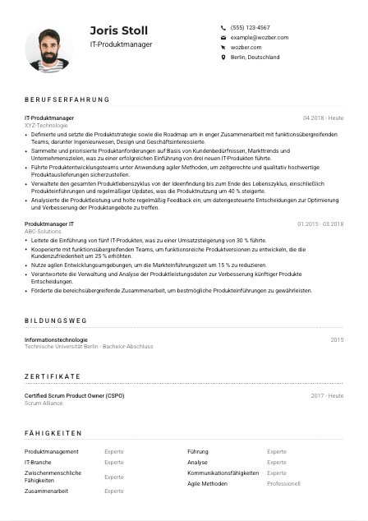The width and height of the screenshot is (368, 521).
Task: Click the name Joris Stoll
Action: pyautogui.click(x=119, y=30)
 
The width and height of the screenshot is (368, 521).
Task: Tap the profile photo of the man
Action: pyautogui.click(x=48, y=49)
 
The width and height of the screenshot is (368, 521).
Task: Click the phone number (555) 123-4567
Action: pyautogui.click(x=250, y=27)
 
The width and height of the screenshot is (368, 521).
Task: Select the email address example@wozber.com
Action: pyautogui.click(x=260, y=37)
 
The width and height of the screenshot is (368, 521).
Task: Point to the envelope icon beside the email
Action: pyautogui.click(x=223, y=38)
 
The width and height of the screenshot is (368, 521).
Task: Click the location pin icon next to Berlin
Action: pyautogui.click(x=223, y=58)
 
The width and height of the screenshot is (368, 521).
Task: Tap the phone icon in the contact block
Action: pyautogui.click(x=223, y=27)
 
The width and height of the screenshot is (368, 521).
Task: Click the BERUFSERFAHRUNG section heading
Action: pyautogui.click(x=67, y=100)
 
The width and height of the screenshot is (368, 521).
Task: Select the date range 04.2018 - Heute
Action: pyautogui.click(x=323, y=118)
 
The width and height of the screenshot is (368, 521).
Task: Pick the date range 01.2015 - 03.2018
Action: pyautogui.click(x=320, y=224)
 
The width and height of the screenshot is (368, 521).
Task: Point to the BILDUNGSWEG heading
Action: pyautogui.click(x=56, y=321)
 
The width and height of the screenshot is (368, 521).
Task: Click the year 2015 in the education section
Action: pyautogui.click(x=337, y=339)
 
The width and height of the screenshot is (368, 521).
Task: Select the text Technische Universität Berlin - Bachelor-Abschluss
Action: pyautogui.click(x=89, y=347)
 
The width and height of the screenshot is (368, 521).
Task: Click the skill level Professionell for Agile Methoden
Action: pyautogui.click(x=283, y=484)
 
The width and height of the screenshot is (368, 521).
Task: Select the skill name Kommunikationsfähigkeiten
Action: pyautogui.click(x=223, y=473)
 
